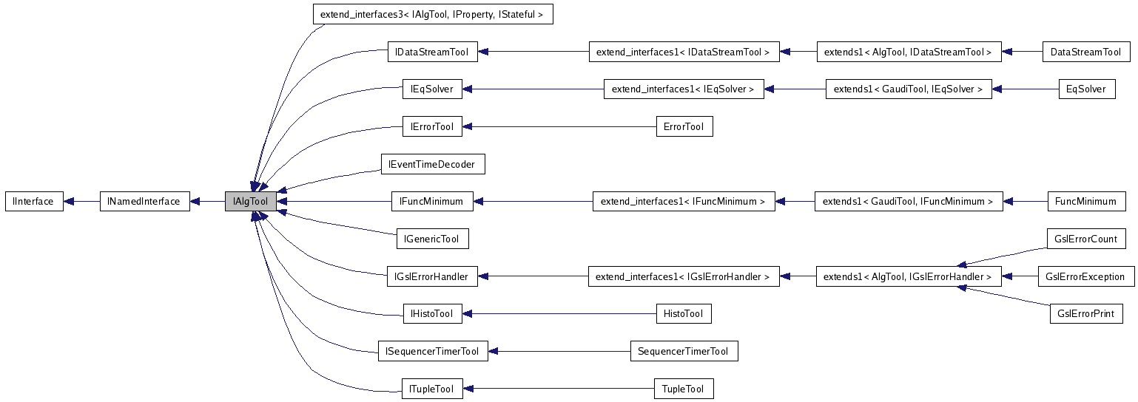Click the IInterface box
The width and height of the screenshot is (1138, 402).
point(34,201)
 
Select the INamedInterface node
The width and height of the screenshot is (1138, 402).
point(144,201)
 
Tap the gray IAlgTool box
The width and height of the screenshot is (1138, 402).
point(251,201)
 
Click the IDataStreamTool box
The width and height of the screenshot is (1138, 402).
point(432,52)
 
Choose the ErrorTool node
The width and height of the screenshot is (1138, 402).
point(684,126)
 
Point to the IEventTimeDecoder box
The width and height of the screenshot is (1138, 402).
point(432,164)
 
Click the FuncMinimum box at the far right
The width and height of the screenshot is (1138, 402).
point(1085,201)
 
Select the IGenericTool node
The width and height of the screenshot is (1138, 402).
point(432,239)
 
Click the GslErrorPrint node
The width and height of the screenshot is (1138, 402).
point(1085,313)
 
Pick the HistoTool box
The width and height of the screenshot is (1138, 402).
point(683,314)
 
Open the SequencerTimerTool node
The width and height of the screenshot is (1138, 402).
point(684,351)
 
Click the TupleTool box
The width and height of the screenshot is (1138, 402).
point(684,389)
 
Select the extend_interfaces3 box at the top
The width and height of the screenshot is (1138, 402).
point(433,14)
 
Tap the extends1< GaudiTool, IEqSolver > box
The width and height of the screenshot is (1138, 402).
point(908,89)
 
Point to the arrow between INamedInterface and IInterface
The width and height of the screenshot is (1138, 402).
point(81,201)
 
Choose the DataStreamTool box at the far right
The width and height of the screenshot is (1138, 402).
point(1085,52)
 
